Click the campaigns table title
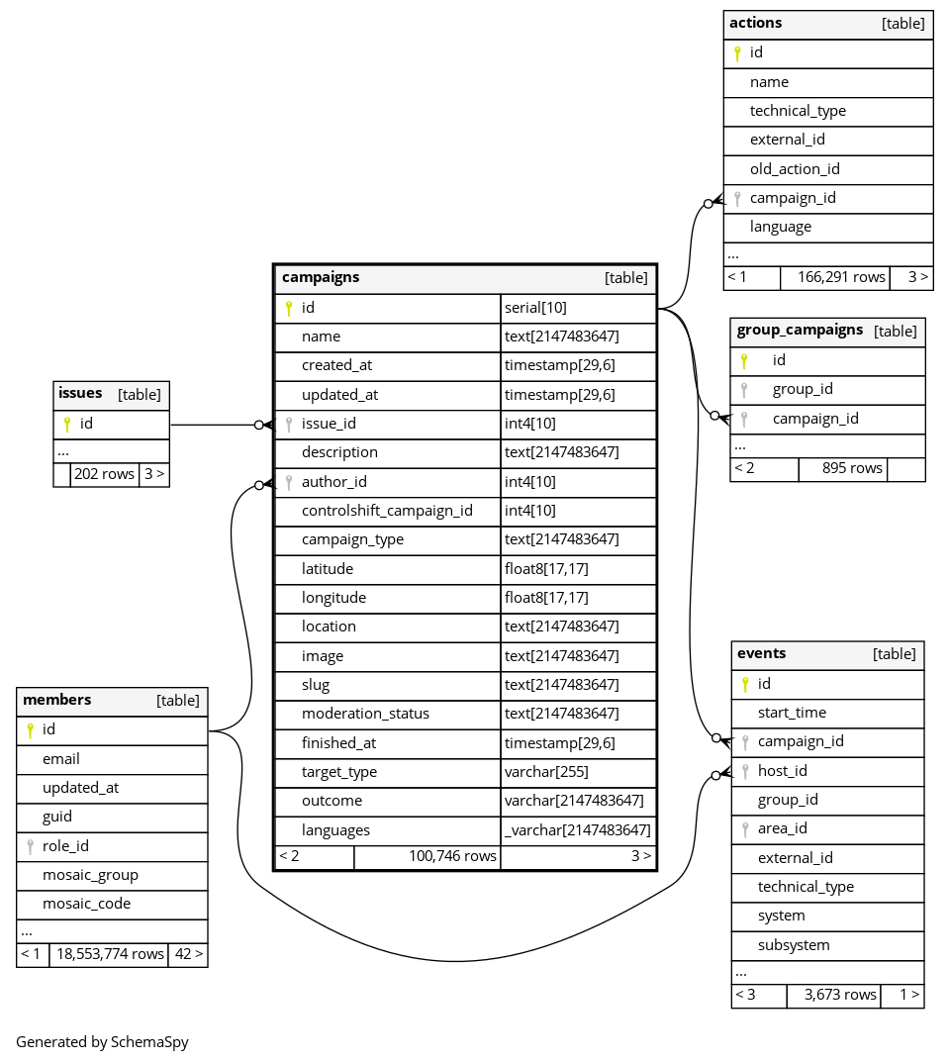(321, 278)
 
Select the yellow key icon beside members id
(30, 730)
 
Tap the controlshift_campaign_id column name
(387, 511)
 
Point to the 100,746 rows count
(452, 856)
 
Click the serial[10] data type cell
(535, 308)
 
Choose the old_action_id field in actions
(795, 169)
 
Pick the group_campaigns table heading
(800, 331)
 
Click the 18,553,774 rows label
(108, 954)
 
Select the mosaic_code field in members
(86, 904)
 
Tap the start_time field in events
(792, 713)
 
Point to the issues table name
(80, 394)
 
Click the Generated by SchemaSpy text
(102, 1042)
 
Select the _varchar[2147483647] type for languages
(577, 830)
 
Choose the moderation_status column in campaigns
(365, 714)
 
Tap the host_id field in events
(782, 771)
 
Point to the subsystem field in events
(794, 945)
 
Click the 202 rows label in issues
(104, 474)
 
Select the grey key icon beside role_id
(30, 846)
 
